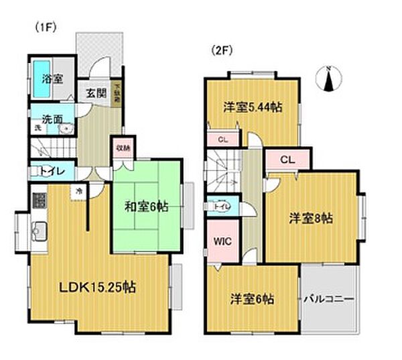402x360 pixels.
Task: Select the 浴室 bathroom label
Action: (x=52, y=79)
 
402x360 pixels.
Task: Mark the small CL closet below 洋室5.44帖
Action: (x=222, y=139)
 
